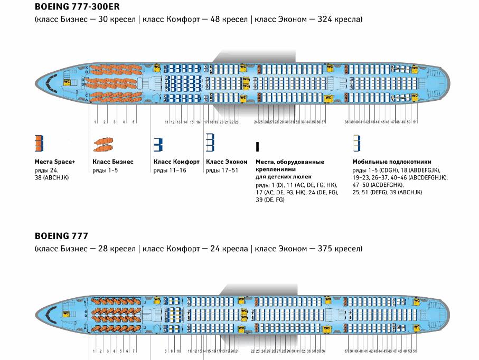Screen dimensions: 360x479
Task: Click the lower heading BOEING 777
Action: tap(61, 236)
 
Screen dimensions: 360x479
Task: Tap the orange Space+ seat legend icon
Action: tap(39, 143)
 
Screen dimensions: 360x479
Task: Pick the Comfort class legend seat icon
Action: tap(157, 144)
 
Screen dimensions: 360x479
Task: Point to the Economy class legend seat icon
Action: tap(210, 141)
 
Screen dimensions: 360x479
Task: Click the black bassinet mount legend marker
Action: tap(257, 147)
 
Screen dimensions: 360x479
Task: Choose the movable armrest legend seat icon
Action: tap(356, 143)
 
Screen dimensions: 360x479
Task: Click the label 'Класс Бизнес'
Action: tap(113, 162)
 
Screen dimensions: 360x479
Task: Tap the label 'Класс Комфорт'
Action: tap(176, 162)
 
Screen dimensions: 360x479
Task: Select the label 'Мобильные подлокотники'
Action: tap(392, 162)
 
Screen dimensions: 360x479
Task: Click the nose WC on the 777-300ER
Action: tap(67, 82)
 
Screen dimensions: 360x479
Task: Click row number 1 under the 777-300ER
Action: tap(95, 122)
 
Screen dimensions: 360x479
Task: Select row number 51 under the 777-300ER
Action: tap(415, 122)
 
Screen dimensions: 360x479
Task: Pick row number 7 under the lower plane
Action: tap(134, 351)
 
